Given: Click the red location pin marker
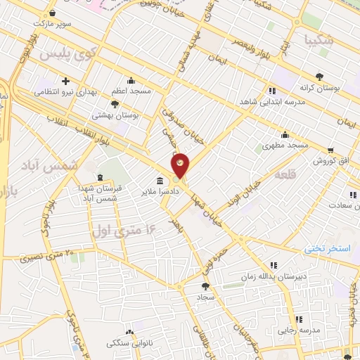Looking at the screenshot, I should click(181, 165).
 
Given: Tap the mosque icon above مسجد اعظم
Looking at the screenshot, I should click(131, 80).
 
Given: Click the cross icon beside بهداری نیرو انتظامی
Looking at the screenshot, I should click(65, 80).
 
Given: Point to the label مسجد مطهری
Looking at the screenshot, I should click(285, 145).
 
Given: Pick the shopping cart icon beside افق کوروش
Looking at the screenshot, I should click(330, 150).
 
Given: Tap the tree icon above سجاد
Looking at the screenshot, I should click(205, 286).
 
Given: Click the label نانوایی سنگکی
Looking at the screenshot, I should click(128, 343).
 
